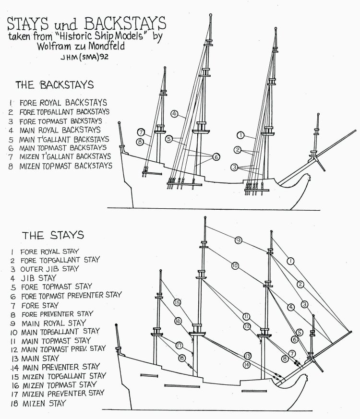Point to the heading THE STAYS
53,235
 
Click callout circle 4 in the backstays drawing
175,114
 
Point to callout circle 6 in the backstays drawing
216,156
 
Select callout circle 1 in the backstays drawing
240,135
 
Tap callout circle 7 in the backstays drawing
141,132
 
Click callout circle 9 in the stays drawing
238,240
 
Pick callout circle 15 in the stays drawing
177,302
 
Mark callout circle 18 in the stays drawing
181,357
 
